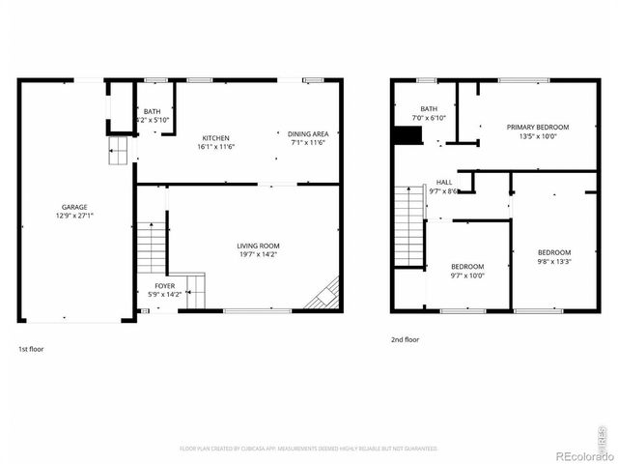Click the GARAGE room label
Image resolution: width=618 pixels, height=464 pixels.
pos(74,207)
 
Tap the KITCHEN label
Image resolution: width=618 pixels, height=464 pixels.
pos(215,137)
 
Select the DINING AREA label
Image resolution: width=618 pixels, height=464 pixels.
pos(309,132)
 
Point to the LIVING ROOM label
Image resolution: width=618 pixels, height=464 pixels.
pos(258,246)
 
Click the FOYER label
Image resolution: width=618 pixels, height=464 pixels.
pos(165,286)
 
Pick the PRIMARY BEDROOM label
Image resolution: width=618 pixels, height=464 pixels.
pos(538,128)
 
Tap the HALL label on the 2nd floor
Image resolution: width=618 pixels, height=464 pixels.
pos(444,182)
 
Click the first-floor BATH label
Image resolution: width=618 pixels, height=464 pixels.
pos(153,111)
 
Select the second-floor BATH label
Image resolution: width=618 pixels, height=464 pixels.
pos(429,109)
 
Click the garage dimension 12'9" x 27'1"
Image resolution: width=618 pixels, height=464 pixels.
pos(74,216)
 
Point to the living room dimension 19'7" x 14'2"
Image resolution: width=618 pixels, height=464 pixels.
pos(258,255)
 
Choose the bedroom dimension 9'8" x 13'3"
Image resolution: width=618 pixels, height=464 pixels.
pos(554,261)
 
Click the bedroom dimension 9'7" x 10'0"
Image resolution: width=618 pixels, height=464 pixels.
pos(467,275)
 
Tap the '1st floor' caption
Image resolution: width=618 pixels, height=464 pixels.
pos(31,348)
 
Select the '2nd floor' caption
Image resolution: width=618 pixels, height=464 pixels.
pos(405,339)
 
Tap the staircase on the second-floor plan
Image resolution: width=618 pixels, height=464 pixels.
pos(409,227)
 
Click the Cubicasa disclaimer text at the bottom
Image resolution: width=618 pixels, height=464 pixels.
pos(308,449)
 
